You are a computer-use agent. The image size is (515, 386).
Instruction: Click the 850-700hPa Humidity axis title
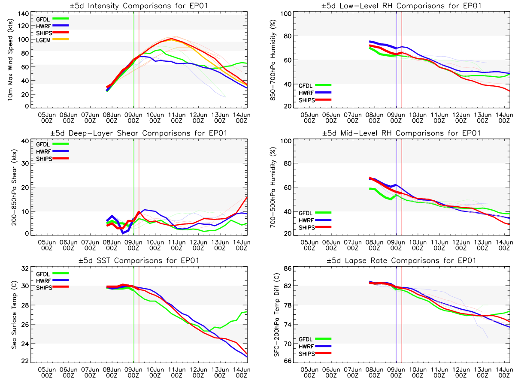(272, 60)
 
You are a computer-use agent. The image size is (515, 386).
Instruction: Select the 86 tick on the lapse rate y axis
(287, 268)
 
